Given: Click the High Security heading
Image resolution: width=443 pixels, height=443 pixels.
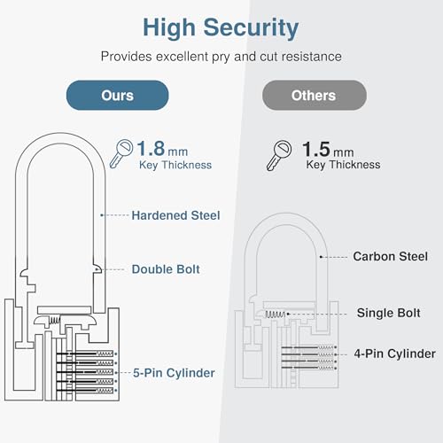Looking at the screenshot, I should coord(221,27).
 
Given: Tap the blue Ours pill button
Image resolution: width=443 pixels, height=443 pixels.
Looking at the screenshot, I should coord(117,96).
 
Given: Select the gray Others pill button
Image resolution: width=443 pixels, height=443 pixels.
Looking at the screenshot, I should coord(313,96).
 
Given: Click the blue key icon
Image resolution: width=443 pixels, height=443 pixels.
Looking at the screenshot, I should coord(121,152).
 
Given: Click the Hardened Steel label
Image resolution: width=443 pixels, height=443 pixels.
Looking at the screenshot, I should coord(175,214).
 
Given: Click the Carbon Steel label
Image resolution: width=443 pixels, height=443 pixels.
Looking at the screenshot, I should coord(392,256).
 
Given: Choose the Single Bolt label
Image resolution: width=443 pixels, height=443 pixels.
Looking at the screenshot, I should coord(387,313).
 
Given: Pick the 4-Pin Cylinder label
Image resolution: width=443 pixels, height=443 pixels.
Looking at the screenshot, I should coord(394,354).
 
